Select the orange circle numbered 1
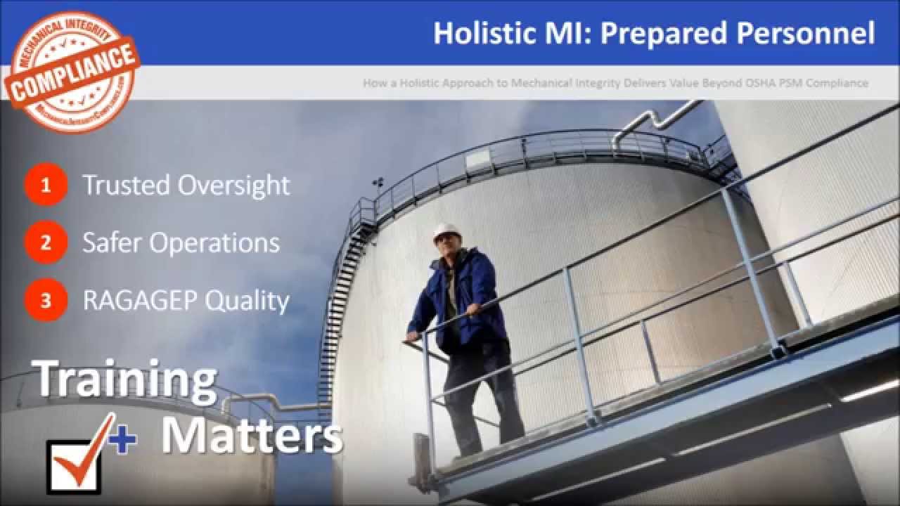point(46,185)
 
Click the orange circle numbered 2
point(46,242)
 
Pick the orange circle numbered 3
point(46,300)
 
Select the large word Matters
point(251,436)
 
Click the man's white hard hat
point(446,231)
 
